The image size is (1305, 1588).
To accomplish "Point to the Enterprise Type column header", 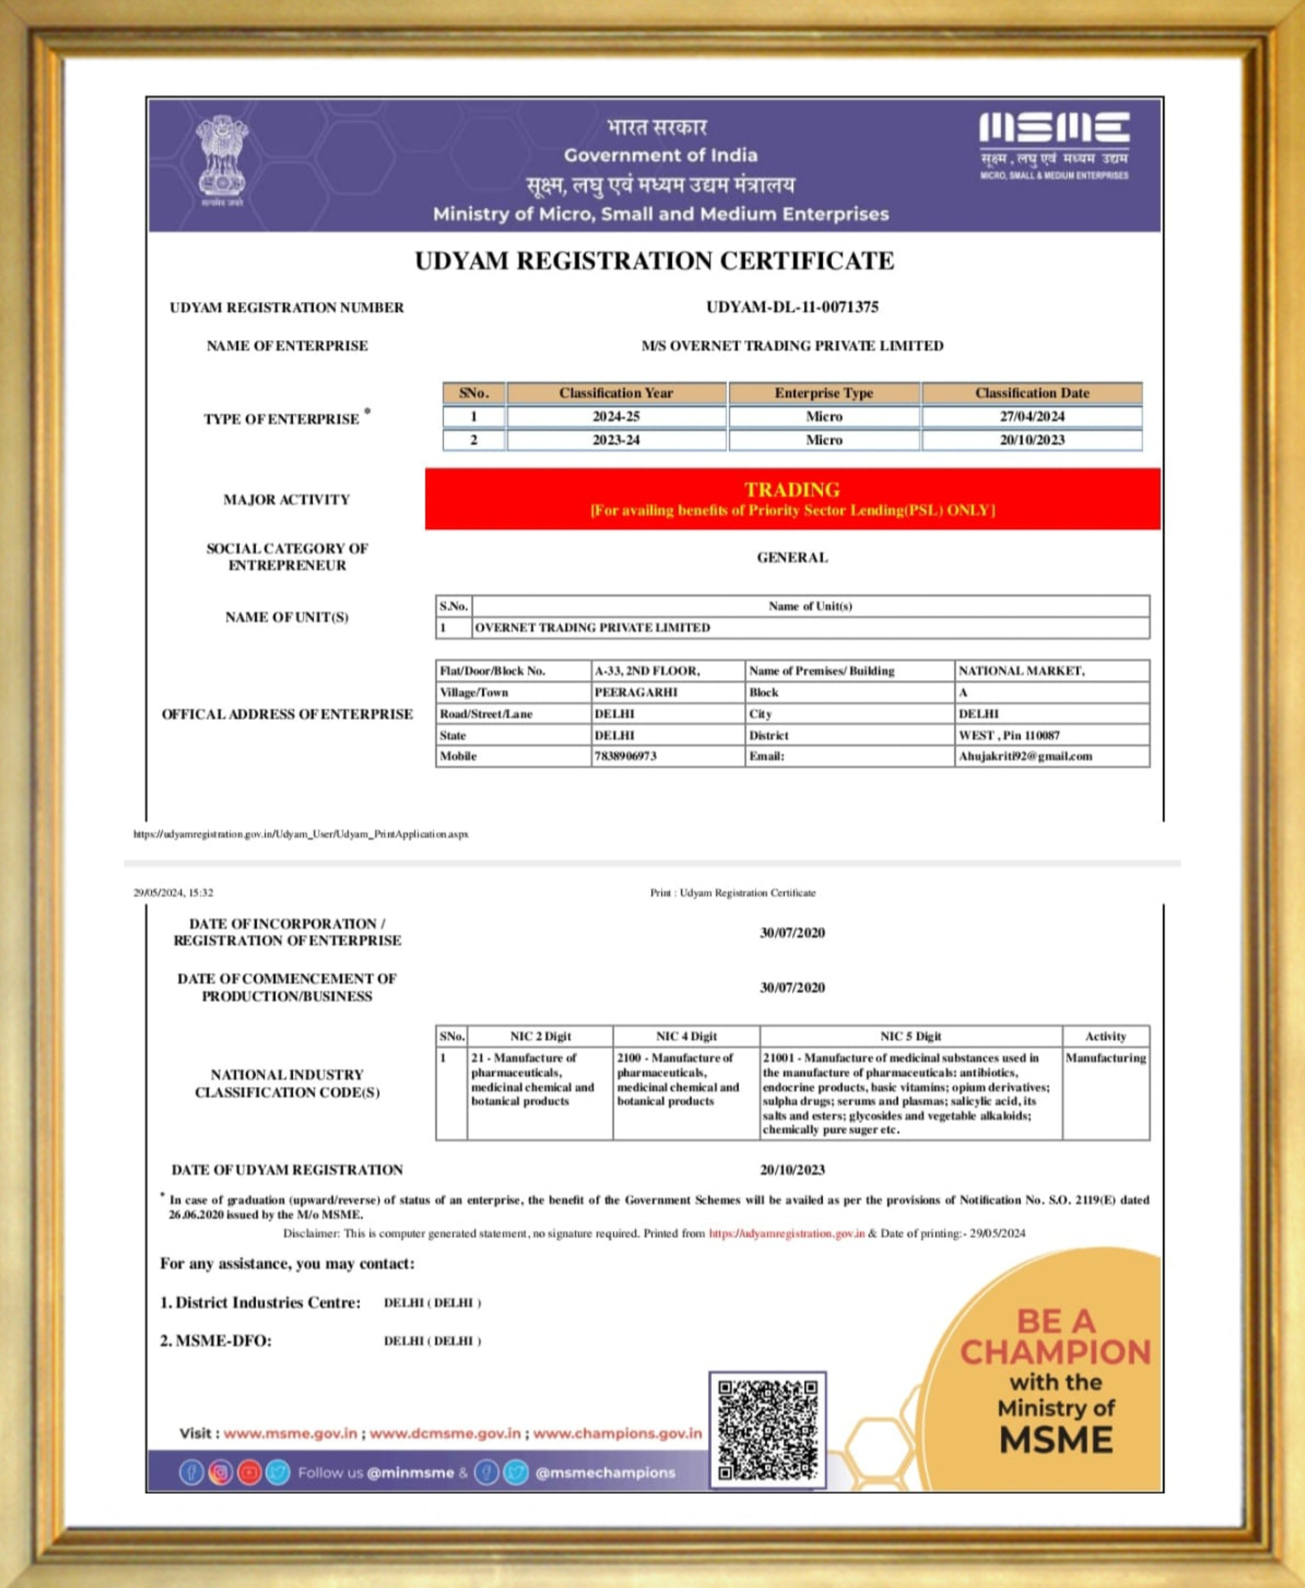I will click(x=824, y=392).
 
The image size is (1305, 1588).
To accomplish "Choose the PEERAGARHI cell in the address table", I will click(x=636, y=692).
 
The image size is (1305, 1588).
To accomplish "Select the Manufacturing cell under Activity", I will click(x=1105, y=1058).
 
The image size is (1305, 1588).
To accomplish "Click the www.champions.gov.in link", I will click(x=617, y=1433).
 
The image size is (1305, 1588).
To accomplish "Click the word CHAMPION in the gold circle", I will click(x=1055, y=1352).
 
